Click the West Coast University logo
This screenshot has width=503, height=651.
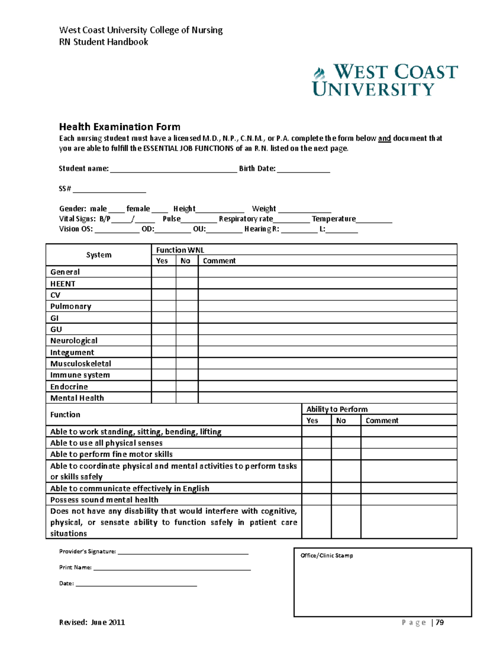point(385,80)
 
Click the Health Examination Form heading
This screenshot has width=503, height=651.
point(119,127)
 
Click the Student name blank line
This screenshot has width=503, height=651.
point(174,169)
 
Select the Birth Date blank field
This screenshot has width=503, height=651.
point(303,169)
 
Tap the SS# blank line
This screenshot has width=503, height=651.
point(109,189)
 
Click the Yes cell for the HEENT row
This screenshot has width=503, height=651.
point(163,283)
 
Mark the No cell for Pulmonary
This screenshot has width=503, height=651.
point(187,306)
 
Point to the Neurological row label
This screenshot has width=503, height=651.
point(74,341)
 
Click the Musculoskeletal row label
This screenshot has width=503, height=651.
point(80,363)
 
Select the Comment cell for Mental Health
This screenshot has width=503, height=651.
point(327,398)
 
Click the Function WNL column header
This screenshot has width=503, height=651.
point(180,250)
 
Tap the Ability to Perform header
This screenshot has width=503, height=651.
point(337,409)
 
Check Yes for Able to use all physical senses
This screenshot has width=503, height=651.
point(316,443)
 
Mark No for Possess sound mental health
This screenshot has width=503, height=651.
point(346,500)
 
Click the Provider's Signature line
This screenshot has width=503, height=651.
point(183,552)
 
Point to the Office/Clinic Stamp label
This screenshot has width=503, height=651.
point(327,555)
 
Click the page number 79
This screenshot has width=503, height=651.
point(440,622)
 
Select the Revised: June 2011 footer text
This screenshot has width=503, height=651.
point(92,622)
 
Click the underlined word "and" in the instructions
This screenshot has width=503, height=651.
point(384,138)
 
